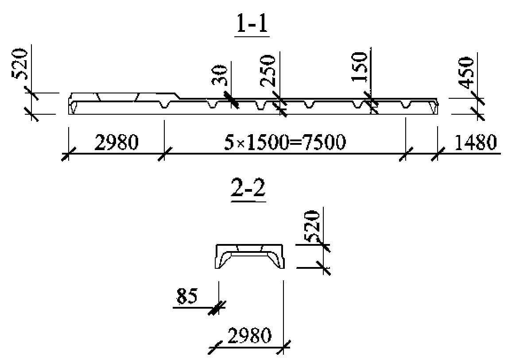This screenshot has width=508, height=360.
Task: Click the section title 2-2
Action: pos(248,188)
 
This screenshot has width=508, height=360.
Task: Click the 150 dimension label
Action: pos(360,66)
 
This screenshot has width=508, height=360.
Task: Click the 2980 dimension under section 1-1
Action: pos(116,142)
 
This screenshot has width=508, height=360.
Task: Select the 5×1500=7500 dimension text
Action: pos(285,142)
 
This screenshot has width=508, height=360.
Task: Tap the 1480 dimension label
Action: pos(475,142)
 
